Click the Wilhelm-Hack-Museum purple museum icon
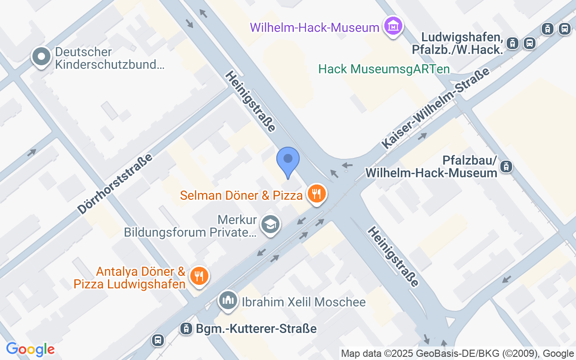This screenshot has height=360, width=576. click(393, 27)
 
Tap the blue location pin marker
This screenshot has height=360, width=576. click(288, 162)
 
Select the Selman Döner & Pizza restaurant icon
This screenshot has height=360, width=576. click(317, 194)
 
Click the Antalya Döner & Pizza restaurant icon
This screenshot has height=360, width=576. click(198, 276)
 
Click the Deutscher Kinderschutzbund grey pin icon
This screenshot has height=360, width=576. click(42, 58)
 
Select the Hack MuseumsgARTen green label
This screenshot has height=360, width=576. click(384, 69)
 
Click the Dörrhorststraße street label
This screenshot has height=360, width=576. click(115, 184)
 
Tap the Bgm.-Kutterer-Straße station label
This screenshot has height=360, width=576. click(256, 328)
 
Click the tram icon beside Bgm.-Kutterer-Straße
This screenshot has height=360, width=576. click(185, 328)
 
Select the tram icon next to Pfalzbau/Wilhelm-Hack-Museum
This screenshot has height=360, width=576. click(506, 166)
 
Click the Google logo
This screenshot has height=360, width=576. click(30, 349)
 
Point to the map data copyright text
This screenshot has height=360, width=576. click(458, 354)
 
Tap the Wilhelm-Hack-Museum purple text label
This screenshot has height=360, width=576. click(315, 27)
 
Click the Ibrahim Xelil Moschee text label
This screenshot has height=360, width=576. click(304, 302)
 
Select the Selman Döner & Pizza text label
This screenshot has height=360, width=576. click(241, 195)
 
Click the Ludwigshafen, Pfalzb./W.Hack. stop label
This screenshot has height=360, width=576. click(457, 43)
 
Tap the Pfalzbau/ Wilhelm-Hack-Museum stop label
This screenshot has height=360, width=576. click(431, 166)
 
